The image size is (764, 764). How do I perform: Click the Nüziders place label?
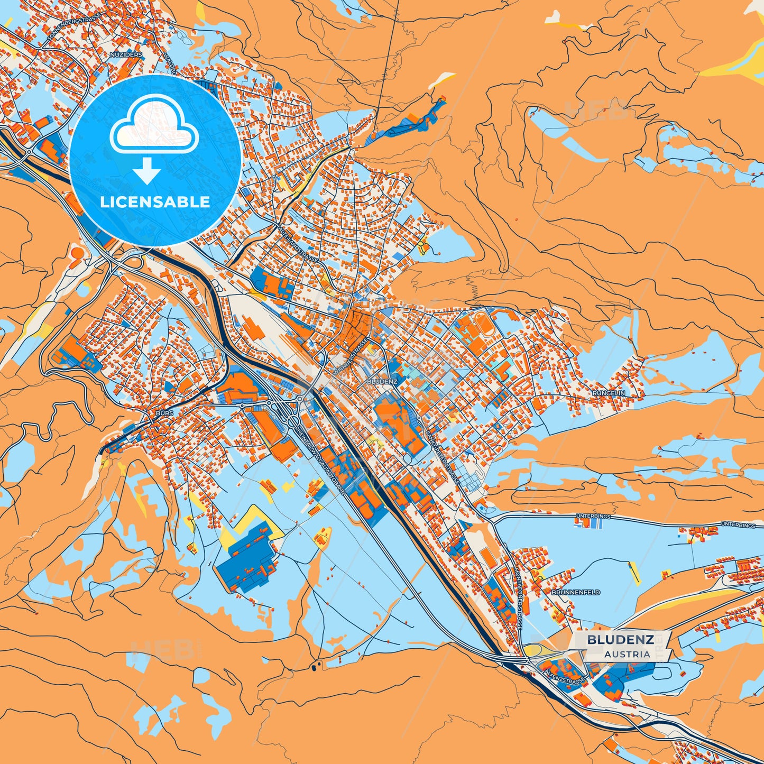point(126,54)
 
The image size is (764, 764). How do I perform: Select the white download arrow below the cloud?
point(147,172)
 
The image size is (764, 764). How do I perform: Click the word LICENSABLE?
point(155,202)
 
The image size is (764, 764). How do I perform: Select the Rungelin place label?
point(609,393)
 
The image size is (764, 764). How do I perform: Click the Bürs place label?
point(164,412)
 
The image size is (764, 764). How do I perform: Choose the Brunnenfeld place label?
point(576,593)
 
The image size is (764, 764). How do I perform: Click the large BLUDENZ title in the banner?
point(620,640)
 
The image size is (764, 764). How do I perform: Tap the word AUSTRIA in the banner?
point(627,654)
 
